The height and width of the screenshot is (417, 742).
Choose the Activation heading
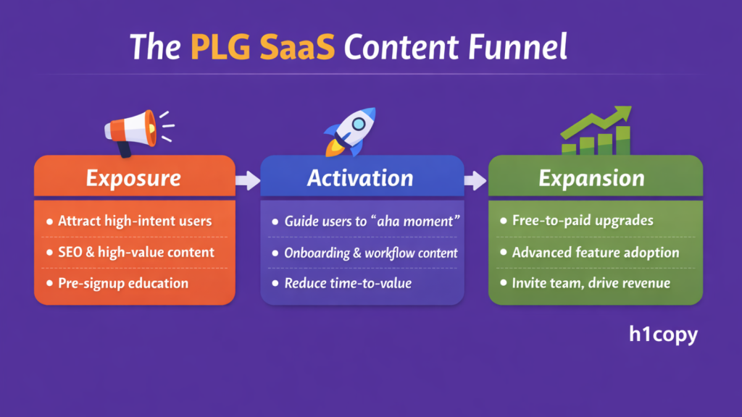(360, 178)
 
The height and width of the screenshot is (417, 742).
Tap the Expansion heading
(591, 178)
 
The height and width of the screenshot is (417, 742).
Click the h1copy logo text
(663, 336)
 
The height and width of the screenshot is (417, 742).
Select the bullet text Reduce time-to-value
(348, 283)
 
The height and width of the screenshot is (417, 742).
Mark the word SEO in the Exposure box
(71, 252)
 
